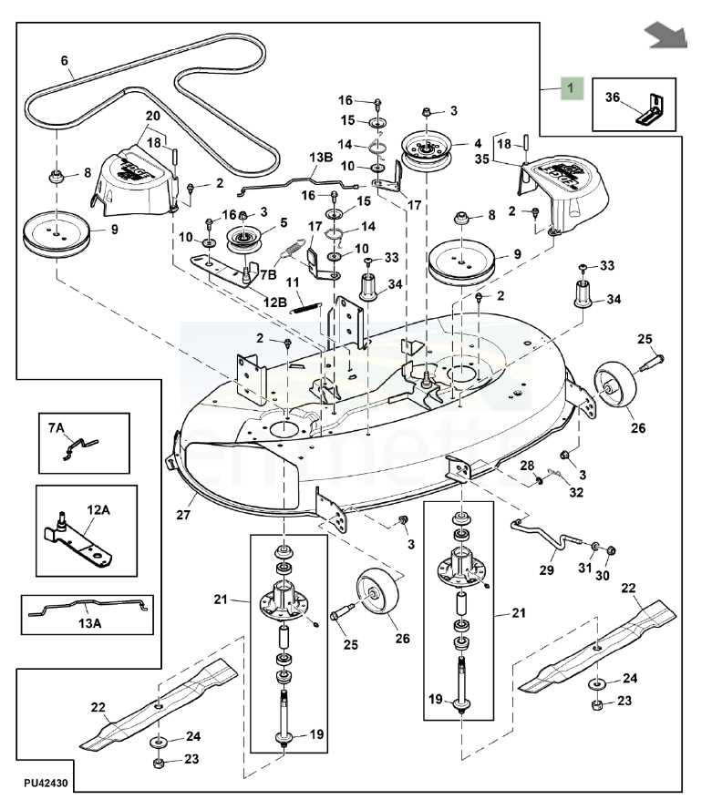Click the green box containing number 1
(571, 88)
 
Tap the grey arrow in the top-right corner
(665, 35)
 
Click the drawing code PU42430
(45, 782)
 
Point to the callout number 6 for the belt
(65, 61)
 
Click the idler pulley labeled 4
(427, 149)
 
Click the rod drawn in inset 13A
(87, 608)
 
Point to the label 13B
(321, 158)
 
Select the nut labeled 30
(611, 550)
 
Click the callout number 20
(152, 116)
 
